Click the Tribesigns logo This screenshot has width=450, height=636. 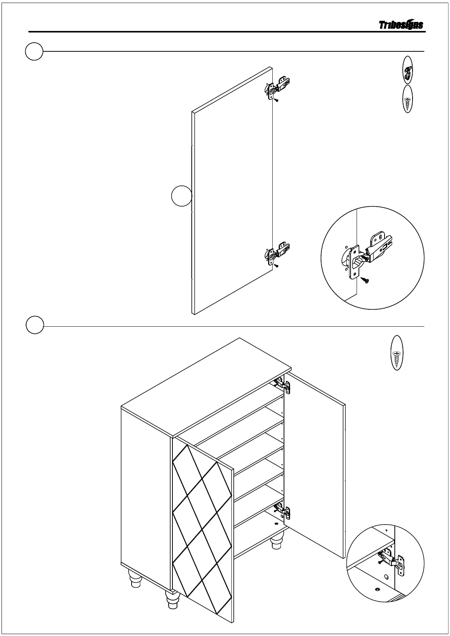(x=401, y=25)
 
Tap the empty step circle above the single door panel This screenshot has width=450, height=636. (x=34, y=51)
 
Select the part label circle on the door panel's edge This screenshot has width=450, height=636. (x=181, y=196)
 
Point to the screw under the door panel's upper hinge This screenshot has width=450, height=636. (x=277, y=100)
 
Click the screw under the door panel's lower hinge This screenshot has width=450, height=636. (x=277, y=266)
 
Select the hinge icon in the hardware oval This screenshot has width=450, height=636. (x=407, y=70)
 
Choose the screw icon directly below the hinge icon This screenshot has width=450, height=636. (x=407, y=99)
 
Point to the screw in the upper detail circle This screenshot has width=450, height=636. (x=366, y=280)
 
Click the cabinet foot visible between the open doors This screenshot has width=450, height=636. (x=277, y=541)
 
